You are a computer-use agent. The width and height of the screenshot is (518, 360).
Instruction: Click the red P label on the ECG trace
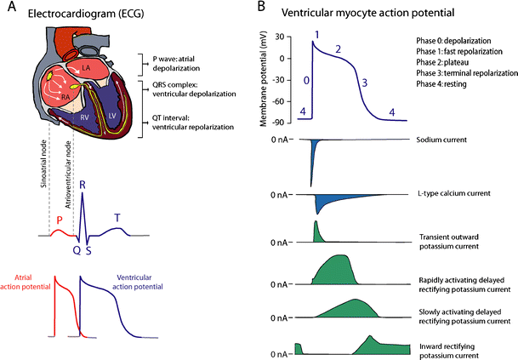(59, 220)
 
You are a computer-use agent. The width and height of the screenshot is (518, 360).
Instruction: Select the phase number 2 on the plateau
(339, 49)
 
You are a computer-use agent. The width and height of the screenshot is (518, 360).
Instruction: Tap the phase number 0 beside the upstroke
(305, 82)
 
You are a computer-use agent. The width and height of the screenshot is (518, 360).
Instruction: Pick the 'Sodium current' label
(441, 139)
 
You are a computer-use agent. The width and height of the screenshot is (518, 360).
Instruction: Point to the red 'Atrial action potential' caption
(26, 282)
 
